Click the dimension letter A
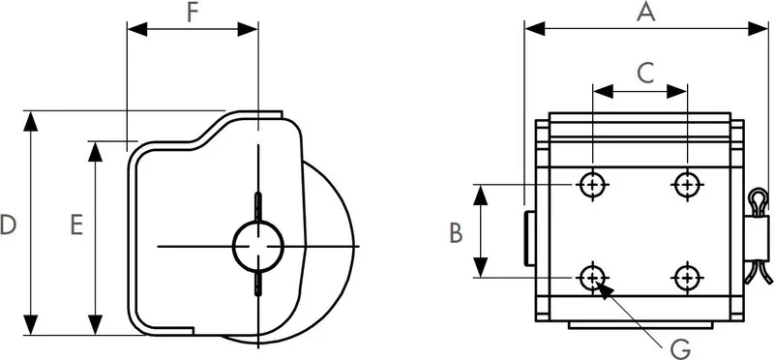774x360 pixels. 645,12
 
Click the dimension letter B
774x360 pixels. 456,233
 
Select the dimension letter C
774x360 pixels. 645,74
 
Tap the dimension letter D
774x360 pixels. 8,225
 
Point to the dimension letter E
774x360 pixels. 76,225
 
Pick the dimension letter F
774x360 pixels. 193,14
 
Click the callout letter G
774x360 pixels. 681,349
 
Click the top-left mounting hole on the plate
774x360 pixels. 592,185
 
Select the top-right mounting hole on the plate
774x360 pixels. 687,185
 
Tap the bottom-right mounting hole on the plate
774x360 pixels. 687,278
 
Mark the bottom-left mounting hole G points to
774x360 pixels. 592,278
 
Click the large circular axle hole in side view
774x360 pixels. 257,246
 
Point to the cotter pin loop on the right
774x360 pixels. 759,200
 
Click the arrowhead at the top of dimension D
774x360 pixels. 31,122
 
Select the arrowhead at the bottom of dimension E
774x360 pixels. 95,324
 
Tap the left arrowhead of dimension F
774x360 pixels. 137,29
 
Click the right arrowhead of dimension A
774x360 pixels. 759,29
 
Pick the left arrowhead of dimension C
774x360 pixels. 603,91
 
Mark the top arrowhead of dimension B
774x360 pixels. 480,195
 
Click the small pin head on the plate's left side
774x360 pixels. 529,238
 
